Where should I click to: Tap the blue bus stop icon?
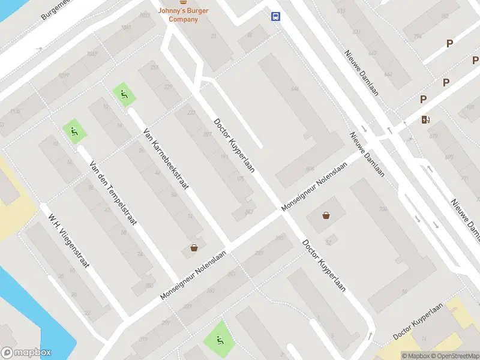(275, 16)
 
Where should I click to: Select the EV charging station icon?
(426, 119)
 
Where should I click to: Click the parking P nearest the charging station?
(423, 100)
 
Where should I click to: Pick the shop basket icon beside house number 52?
(326, 215)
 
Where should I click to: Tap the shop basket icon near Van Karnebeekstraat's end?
(194, 247)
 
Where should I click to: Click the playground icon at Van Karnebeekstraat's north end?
(124, 94)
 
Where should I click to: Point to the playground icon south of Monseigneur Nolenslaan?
(218, 340)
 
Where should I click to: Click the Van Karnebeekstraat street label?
(166, 158)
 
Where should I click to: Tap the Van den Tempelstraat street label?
(113, 193)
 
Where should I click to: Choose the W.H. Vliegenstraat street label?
(70, 240)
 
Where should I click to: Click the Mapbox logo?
(26, 353)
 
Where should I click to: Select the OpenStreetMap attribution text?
(454, 356)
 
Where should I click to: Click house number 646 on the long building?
(294, 89)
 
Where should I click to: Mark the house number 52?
(328, 242)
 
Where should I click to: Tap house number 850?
(149, 285)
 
